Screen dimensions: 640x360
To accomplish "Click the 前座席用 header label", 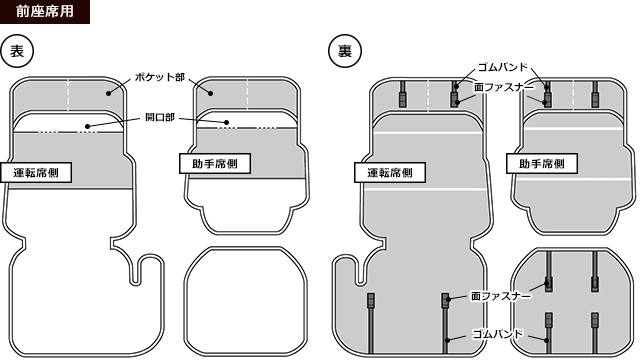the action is tap(45, 11).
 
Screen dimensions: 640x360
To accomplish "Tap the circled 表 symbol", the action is tap(17, 51).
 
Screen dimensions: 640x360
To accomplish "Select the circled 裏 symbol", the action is tap(345, 51).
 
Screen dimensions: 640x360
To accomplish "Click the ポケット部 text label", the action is tap(160, 77).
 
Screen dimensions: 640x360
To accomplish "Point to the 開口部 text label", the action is tap(160, 118).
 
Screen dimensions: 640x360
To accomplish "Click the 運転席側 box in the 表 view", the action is tap(36, 173).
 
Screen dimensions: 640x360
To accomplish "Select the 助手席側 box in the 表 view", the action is tap(215, 164).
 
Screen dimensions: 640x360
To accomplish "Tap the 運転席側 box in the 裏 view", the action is tap(390, 173).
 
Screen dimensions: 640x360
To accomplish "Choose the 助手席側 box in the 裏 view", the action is tap(542, 164).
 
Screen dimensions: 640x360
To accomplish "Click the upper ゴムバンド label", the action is tap(503, 67).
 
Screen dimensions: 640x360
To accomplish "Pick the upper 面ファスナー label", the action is tap(504, 87).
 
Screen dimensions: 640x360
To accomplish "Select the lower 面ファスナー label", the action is tap(501, 296).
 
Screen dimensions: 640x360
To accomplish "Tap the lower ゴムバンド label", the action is tap(498, 334).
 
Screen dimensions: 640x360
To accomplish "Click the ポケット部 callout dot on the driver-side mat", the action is tap(108, 93).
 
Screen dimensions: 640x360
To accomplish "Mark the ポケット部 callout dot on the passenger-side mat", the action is tap(211, 93).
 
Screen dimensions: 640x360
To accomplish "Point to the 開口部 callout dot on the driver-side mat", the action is tap(87, 126).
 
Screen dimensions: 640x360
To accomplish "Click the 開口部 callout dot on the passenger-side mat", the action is tap(227, 122).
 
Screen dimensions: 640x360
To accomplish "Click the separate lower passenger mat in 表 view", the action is tap(246, 301).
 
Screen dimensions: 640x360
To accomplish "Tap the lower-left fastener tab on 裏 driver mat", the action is tap(371, 300).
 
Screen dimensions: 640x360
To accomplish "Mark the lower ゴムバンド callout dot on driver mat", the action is tap(448, 340).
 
